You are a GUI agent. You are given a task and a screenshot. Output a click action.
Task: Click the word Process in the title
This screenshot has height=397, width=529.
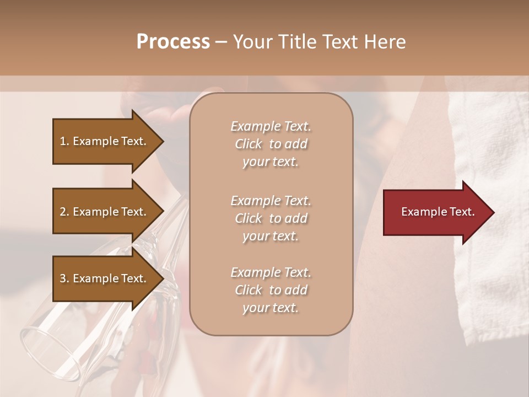pos(173,42)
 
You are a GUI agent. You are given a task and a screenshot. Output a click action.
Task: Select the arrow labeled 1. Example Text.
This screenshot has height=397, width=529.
pos(105,141)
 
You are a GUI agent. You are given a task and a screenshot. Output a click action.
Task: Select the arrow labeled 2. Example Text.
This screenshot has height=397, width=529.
pos(105,212)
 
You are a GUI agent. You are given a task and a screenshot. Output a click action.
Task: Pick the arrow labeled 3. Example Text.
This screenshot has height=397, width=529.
pos(105,278)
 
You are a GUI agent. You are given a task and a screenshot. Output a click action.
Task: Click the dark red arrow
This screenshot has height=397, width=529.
pos(435,212)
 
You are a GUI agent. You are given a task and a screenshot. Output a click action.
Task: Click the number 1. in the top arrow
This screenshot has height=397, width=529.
pos(64,141)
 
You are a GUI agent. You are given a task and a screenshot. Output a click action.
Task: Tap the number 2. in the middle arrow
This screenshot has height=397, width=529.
pos(64,212)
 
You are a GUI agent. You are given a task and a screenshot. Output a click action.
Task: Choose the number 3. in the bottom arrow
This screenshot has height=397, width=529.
pos(64,278)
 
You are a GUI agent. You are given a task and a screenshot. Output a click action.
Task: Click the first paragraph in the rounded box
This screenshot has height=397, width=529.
pos(271,144)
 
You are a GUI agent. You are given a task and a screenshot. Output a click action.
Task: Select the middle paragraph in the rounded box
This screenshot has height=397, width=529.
pos(271,218)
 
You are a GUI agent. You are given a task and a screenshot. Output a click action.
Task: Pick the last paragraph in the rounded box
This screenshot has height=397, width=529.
pos(271,290)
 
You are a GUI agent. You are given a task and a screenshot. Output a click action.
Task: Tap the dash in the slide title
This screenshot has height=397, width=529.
pos(221,42)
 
